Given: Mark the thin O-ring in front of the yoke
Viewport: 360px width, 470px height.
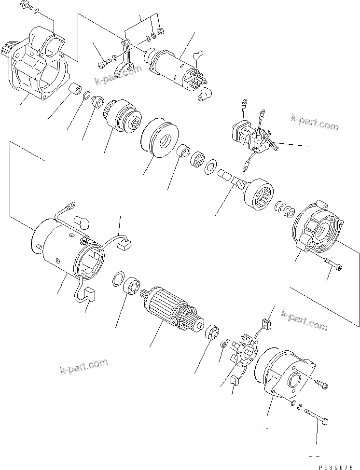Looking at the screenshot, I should tap(117, 278).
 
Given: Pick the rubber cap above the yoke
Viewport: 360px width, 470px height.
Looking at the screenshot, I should tap(83, 222).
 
